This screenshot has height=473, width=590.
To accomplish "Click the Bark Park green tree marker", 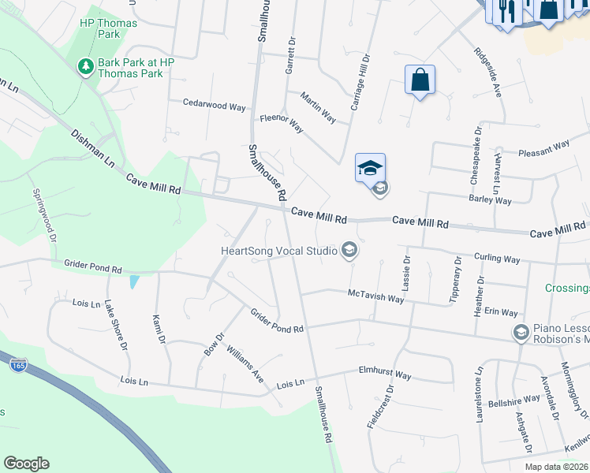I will click(86, 67).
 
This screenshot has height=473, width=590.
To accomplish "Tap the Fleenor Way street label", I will click(282, 123).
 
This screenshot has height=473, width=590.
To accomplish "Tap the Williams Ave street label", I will click(245, 364).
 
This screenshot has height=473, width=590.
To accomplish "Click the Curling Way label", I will click(497, 259).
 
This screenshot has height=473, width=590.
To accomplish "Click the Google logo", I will click(26, 464).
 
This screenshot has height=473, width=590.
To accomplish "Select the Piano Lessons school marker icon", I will click(521, 333).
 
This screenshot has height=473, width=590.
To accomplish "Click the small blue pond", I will click(135, 281).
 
